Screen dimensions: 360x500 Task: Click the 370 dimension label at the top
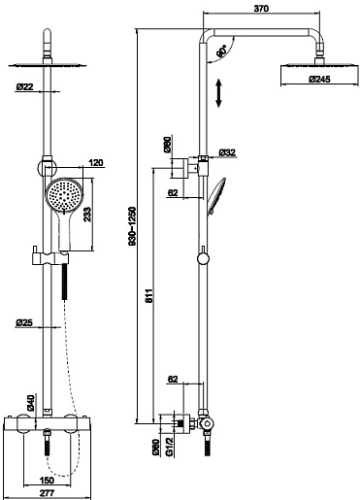[261, 9]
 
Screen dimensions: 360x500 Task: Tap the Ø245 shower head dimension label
[319, 79]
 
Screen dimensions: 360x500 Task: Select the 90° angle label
[222, 50]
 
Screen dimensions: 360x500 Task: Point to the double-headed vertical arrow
[218, 92]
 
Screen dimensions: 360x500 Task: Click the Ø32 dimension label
[227, 152]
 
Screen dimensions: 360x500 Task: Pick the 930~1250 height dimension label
[133, 226]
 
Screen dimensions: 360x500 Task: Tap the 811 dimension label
[148, 295]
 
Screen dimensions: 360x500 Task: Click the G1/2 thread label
[169, 447]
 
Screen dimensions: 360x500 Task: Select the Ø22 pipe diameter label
[24, 86]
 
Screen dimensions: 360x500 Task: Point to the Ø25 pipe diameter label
[24, 322]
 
